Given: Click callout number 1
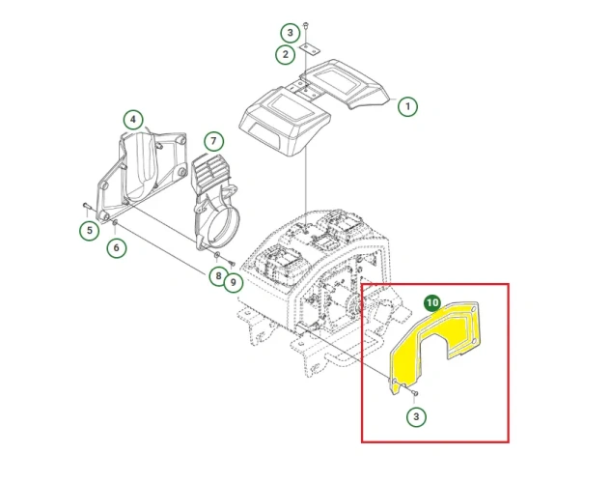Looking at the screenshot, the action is click(x=407, y=106).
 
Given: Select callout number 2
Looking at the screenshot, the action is click(x=286, y=54).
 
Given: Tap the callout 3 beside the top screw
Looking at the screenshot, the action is click(x=291, y=33).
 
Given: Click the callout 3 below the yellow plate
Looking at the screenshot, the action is click(x=416, y=416).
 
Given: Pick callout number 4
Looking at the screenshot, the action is click(x=133, y=119).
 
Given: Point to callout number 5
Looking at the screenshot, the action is click(x=90, y=230).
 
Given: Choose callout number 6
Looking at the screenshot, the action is click(x=117, y=247).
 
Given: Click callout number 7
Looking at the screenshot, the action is click(x=213, y=141).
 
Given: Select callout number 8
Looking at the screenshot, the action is click(x=218, y=276).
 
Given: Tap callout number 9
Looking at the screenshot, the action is click(x=233, y=282).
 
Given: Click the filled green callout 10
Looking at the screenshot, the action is click(x=432, y=303).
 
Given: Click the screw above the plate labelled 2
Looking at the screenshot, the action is click(x=306, y=26).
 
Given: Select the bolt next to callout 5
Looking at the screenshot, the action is click(x=87, y=206).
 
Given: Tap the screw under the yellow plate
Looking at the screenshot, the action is click(x=415, y=393).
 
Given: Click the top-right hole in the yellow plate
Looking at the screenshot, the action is click(x=473, y=309).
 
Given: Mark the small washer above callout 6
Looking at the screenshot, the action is click(x=115, y=222).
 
